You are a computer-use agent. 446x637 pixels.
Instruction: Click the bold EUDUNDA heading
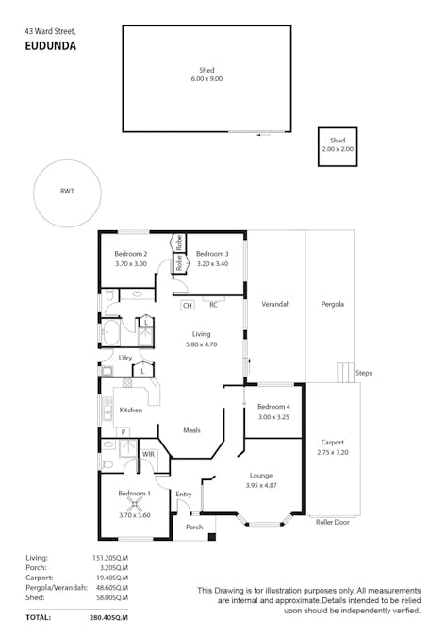pos(51,44)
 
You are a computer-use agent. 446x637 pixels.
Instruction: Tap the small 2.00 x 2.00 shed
pos(337,146)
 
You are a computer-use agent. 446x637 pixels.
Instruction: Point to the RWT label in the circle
pos(67,192)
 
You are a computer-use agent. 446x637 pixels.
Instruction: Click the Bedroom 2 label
pos(131,254)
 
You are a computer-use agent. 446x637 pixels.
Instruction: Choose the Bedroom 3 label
pos(212,254)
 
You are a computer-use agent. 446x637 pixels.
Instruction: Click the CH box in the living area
pos(187,305)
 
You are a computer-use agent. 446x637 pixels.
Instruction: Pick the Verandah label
pos(275,304)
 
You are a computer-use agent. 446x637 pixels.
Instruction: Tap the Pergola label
pos(332,304)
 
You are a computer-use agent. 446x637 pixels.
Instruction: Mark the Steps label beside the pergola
pos(364,374)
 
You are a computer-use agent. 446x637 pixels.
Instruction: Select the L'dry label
pos(124,357)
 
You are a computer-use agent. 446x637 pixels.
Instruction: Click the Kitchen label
pos(130,410)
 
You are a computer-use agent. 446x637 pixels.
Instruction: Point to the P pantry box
pos(124,431)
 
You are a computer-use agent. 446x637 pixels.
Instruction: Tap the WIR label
pos(148,454)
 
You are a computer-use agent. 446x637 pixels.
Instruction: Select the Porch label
pos(193,527)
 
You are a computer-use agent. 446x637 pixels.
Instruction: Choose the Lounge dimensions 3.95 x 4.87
pos(261,485)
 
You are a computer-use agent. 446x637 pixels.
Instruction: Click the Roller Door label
pos(333,521)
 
